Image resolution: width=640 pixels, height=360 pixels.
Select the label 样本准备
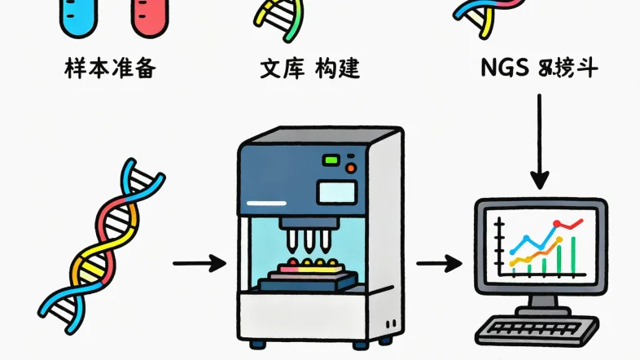[109, 68]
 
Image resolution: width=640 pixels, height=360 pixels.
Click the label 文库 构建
[310, 68]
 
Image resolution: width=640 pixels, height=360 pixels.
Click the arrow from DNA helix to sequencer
[199, 263]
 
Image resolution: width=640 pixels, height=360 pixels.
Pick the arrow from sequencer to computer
[440, 263]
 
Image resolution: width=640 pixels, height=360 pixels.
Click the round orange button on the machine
[351, 168]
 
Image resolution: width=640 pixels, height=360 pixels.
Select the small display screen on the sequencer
[337, 192]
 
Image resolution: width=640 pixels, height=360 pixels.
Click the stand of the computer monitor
[540, 304]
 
